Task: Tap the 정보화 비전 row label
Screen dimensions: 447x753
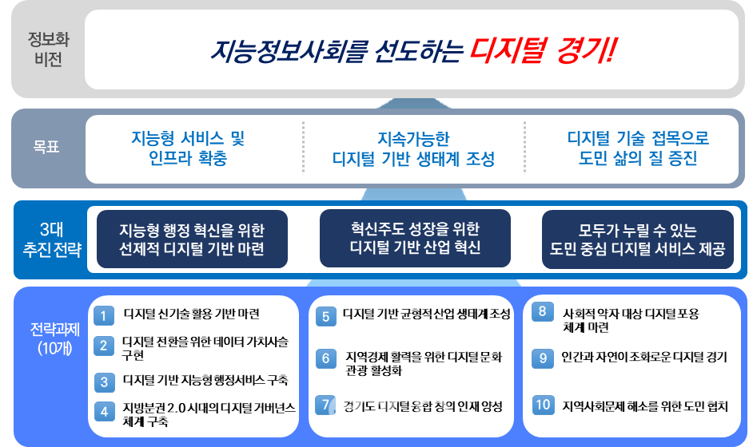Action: pyautogui.click(x=45, y=50)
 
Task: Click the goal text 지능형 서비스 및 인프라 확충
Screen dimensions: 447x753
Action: pyautogui.click(x=188, y=148)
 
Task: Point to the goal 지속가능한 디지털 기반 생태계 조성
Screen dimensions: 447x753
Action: pyautogui.click(x=413, y=148)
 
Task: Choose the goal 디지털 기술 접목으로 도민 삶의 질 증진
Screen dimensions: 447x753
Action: pyautogui.click(x=637, y=148)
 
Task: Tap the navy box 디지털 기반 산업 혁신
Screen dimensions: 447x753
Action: pyautogui.click(x=415, y=238)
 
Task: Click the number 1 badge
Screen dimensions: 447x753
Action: pyautogui.click(x=103, y=315)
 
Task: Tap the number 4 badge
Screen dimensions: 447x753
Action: pyautogui.click(x=103, y=412)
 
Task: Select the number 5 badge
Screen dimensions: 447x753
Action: pyautogui.click(x=325, y=316)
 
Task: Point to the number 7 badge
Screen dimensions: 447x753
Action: pyautogui.click(x=325, y=405)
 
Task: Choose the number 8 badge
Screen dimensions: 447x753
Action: pyautogui.click(x=543, y=311)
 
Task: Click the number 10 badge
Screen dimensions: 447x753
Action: pyautogui.click(x=543, y=405)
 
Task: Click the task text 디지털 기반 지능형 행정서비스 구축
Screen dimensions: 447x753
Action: pyautogui.click(x=205, y=380)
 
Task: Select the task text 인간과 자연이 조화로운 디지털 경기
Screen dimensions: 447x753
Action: pyautogui.click(x=644, y=358)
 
